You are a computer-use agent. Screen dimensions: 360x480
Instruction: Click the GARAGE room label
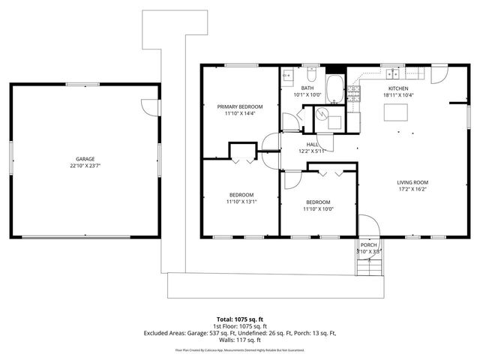[x=85, y=159]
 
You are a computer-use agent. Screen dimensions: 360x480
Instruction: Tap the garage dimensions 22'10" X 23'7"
[x=85, y=166]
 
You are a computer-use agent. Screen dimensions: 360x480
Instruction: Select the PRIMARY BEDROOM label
[x=240, y=106]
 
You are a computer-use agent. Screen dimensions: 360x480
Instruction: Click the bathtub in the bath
[x=335, y=91]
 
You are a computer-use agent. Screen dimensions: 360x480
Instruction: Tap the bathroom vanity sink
[x=287, y=75]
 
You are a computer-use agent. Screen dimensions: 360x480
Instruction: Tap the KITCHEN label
[x=397, y=88]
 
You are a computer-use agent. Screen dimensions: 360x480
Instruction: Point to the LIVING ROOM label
[x=412, y=181]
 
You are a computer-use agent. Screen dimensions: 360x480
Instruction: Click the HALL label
[x=313, y=144]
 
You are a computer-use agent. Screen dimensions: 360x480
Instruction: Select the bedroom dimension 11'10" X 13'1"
[x=241, y=202]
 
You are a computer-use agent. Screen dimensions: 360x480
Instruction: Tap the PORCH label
[x=368, y=245]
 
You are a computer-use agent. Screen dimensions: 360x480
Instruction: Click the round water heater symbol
[x=322, y=114]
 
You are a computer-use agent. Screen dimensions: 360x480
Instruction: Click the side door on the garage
[x=153, y=106]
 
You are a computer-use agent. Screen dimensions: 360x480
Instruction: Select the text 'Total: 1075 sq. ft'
[x=240, y=319]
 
